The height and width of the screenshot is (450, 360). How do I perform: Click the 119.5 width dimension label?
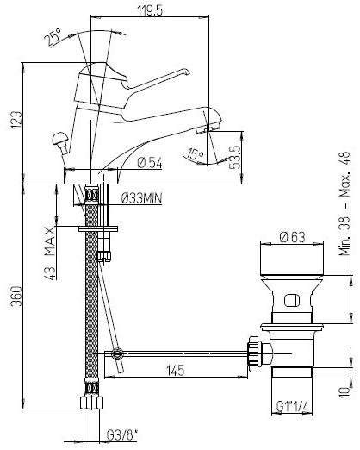(150, 10)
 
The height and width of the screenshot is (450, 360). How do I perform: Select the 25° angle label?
(53, 37)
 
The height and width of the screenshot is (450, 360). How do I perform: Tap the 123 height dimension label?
(16, 119)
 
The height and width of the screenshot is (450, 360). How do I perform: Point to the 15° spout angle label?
(195, 154)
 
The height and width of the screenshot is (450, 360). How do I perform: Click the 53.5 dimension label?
(234, 157)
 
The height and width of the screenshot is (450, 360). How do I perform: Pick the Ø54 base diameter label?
(150, 163)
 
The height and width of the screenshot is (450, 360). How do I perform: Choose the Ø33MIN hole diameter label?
(142, 197)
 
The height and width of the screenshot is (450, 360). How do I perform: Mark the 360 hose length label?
(16, 296)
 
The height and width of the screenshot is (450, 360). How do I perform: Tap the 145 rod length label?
(176, 370)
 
